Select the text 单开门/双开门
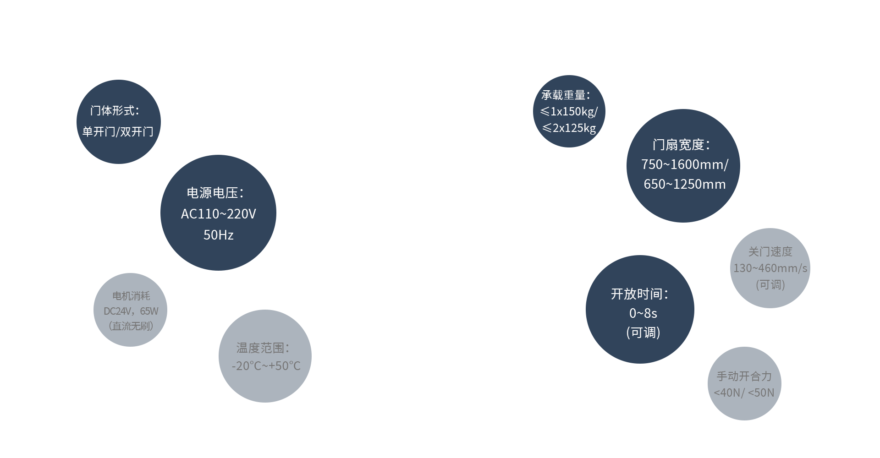pos(118,132)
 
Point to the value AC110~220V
pos(219,214)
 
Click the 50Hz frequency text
pos(219,235)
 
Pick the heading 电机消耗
pos(131,296)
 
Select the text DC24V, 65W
pos(131,311)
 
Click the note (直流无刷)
pos(131,326)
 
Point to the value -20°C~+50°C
pos(266,366)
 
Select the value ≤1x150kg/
pos(569,111)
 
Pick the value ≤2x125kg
pos(569,128)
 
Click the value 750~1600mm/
pos(685,164)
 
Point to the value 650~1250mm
pos(685,184)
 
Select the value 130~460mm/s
pos(770,268)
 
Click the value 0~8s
pos(643,313)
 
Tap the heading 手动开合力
pos(744,376)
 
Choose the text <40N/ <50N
pos(744,393)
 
